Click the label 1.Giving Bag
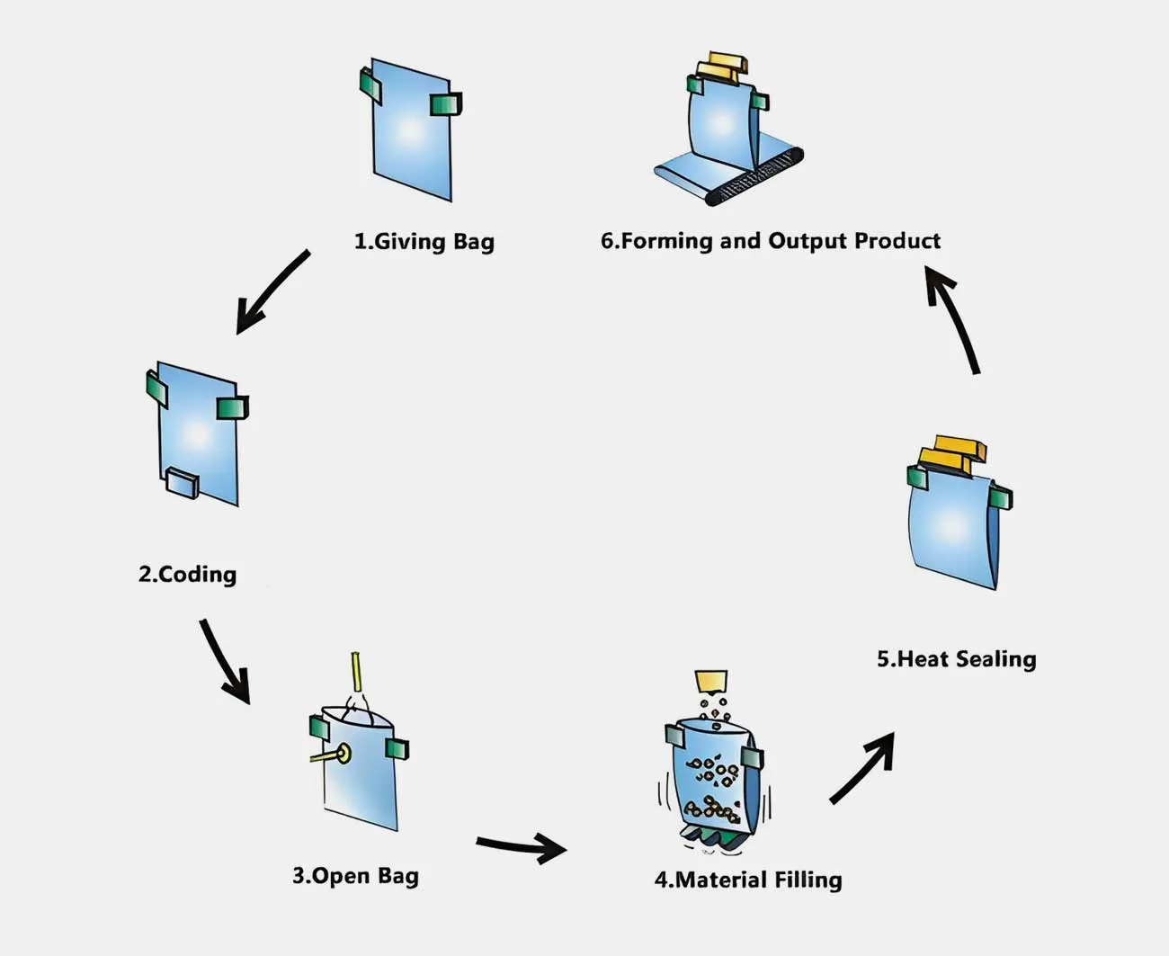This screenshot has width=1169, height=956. coord(424,241)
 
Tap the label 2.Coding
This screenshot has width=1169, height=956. coord(187,574)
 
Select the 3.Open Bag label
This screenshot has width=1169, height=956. coord(355,875)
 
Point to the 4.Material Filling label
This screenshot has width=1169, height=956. coord(748,880)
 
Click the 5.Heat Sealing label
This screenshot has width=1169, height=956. coord(956,659)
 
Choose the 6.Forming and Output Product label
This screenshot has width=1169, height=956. coord(770,241)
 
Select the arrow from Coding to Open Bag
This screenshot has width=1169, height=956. coord(224,661)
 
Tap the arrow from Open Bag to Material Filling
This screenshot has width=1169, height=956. coord(522,846)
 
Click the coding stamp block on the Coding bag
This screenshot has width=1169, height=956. coord(183,482)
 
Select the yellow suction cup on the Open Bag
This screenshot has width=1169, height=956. coord(343,754)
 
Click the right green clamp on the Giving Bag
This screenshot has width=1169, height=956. coord(445,104)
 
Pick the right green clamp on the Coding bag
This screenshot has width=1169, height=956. coord(232,408)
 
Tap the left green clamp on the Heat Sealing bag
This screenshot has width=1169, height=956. coord(917,477)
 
